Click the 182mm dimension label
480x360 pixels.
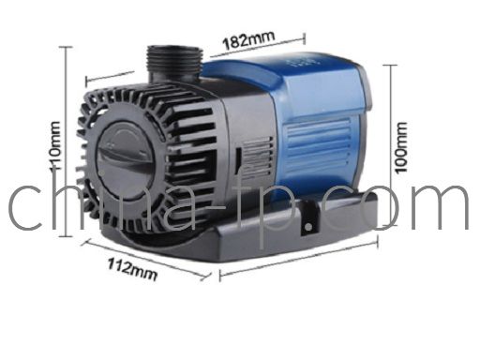click(x=248, y=40)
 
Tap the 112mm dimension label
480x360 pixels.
click(x=132, y=269)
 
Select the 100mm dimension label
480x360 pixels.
click(x=401, y=147)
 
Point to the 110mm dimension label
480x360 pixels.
click(x=55, y=146)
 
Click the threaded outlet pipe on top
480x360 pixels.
click(x=174, y=63)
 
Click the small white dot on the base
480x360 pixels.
click(x=308, y=227)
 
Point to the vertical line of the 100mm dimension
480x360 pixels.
click(x=390, y=145)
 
